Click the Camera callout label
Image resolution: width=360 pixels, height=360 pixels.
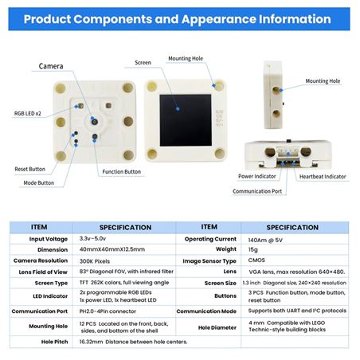tap(51, 66)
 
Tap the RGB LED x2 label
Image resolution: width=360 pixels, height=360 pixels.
tap(28, 114)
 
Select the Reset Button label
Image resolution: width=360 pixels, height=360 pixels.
tap(30, 169)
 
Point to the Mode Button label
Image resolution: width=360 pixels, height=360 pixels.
tap(39, 183)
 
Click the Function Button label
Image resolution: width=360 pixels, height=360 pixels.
tap(122, 172)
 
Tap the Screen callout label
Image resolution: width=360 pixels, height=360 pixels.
tap(143, 63)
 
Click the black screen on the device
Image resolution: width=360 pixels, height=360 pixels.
tap(186, 120)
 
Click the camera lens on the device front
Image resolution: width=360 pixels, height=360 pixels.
tap(95, 122)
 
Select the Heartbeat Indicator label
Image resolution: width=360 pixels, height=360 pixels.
tap(323, 177)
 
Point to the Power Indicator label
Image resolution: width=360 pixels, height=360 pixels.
tap(257, 176)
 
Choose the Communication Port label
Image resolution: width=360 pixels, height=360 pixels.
tap(257, 191)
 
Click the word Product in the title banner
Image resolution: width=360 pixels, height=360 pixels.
tap(48, 19)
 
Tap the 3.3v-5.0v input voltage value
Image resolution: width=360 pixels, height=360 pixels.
tap(92, 238)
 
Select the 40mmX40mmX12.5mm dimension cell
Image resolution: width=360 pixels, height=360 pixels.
tap(112, 249)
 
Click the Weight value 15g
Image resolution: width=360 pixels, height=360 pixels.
tap(253, 249)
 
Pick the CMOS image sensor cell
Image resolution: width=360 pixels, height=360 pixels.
tap(256, 260)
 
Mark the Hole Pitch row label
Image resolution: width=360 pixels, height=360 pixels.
tap(54, 342)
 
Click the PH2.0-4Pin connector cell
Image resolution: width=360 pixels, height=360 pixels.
tap(108, 311)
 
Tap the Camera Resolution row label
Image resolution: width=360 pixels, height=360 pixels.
tap(41, 260)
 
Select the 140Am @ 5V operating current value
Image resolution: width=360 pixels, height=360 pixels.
tap(265, 241)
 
